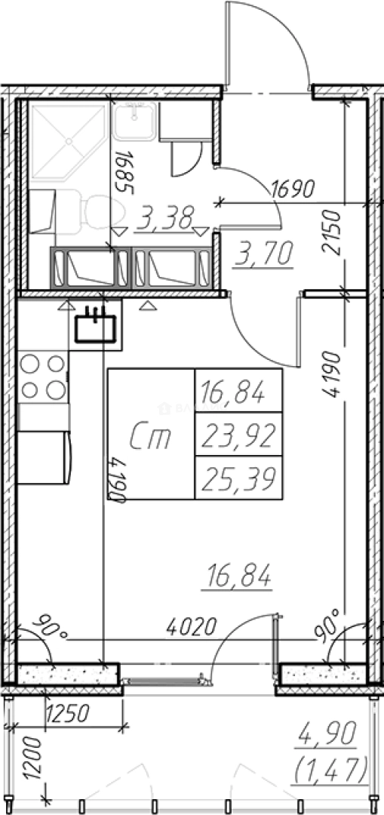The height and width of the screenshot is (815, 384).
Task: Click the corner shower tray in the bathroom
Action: click(x=69, y=140)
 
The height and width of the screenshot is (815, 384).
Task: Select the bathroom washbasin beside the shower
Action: click(x=134, y=121)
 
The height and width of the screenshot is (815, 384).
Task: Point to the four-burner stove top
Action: click(x=43, y=377)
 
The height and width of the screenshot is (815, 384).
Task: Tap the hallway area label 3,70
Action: click(x=263, y=254)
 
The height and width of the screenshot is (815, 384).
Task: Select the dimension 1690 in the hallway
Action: click(x=293, y=189)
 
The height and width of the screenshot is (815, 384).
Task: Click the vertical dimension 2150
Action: click(x=332, y=232)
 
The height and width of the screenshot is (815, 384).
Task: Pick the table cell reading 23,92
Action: click(x=238, y=435)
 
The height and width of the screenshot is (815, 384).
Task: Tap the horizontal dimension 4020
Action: click(x=192, y=627)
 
